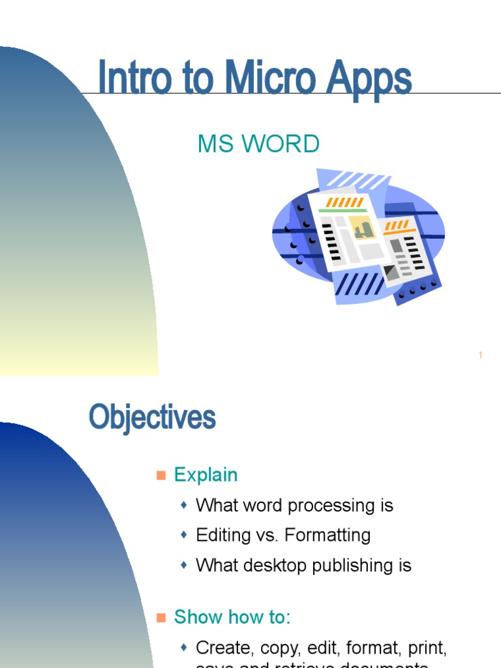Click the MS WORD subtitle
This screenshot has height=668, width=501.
point(258,144)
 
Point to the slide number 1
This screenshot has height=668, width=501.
point(480,356)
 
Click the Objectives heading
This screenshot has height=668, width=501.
point(152,417)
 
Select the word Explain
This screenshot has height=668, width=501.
point(205,475)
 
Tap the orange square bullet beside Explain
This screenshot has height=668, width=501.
point(161,475)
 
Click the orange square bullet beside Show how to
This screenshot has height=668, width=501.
point(161,617)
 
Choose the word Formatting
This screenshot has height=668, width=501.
point(332,536)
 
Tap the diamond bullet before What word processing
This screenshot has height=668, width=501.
point(184,505)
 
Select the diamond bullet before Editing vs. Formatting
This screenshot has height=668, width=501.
point(184,535)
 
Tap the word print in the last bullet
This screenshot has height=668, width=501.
point(426,648)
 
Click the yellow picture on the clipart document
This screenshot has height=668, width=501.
point(362,228)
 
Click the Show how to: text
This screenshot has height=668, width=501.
point(232,617)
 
